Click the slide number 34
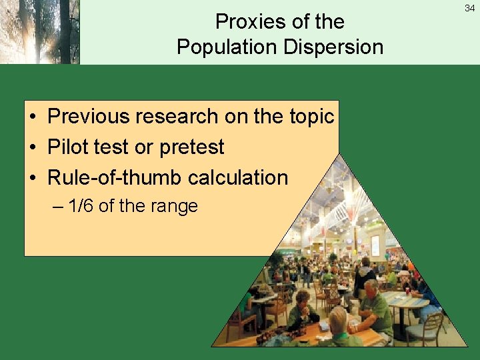470,7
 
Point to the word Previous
89,117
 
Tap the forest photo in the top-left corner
39,32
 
